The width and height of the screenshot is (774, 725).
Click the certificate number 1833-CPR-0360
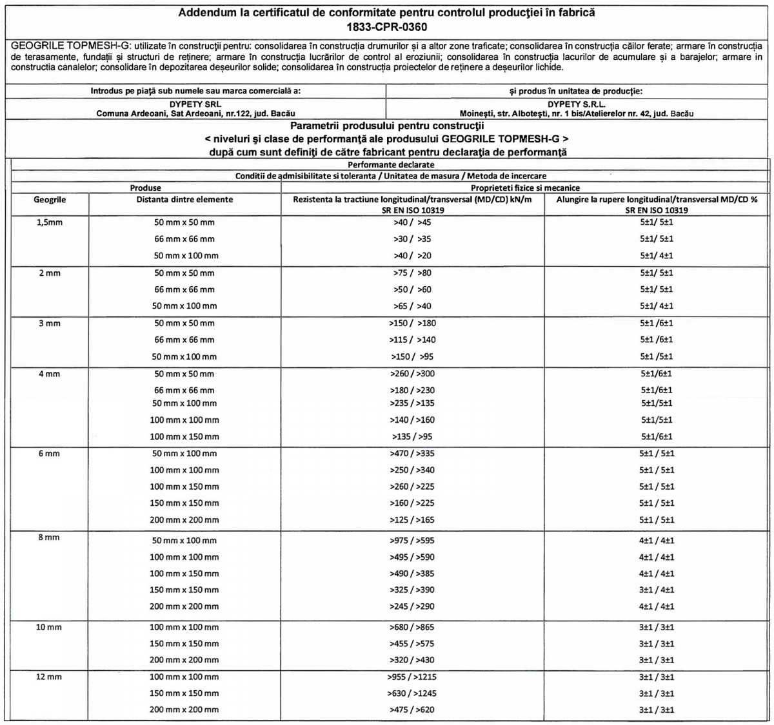(386, 27)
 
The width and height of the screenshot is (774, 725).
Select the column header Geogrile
(50, 200)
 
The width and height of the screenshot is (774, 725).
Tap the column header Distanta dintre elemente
(184, 200)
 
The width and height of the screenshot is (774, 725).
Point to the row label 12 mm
(49, 677)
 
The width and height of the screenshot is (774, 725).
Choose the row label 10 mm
(49, 628)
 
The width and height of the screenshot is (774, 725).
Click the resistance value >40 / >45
(412, 222)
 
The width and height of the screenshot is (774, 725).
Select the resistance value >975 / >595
(412, 541)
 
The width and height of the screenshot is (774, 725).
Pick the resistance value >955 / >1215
(412, 677)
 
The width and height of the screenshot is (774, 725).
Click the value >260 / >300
(412, 374)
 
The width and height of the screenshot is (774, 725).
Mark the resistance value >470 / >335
(412, 454)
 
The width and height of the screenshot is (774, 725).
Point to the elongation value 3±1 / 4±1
(657, 590)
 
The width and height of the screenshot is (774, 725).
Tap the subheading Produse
(146, 188)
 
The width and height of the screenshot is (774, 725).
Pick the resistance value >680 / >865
(412, 628)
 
